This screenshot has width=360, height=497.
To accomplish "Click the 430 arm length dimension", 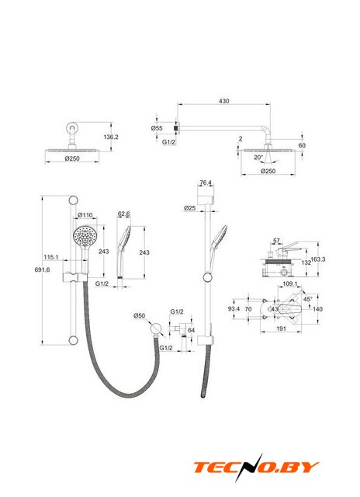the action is [x=224, y=101].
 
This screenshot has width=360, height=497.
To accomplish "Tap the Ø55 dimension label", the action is [x=157, y=128].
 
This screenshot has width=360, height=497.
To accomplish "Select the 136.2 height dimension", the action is [x=111, y=137].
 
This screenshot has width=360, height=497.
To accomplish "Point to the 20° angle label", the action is [x=258, y=157].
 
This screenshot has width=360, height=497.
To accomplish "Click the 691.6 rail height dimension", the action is [x=42, y=269].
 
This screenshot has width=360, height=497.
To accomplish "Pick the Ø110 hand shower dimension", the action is [x=85, y=215].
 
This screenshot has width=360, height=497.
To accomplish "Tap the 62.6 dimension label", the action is [x=124, y=214].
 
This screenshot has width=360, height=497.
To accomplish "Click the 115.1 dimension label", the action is [x=51, y=257].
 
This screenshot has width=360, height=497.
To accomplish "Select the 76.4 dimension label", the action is [x=206, y=182].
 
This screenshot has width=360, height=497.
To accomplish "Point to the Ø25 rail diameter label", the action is [x=189, y=208].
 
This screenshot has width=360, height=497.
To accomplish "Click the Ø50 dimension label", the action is [x=140, y=316].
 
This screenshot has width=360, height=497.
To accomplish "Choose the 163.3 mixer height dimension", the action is [x=318, y=259].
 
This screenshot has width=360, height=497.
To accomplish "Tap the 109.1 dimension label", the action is [x=290, y=283].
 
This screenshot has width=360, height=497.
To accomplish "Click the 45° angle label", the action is [x=308, y=299].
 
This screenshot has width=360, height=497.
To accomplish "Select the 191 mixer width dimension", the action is [x=281, y=328].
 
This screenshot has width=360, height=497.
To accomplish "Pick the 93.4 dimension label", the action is [x=234, y=309].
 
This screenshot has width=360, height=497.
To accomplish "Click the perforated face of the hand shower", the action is [x=85, y=236].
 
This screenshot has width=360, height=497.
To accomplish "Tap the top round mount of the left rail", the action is [x=73, y=200].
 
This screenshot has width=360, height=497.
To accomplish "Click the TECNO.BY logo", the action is [x=256, y=467].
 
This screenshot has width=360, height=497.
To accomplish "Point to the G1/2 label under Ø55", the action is [x=169, y=142].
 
